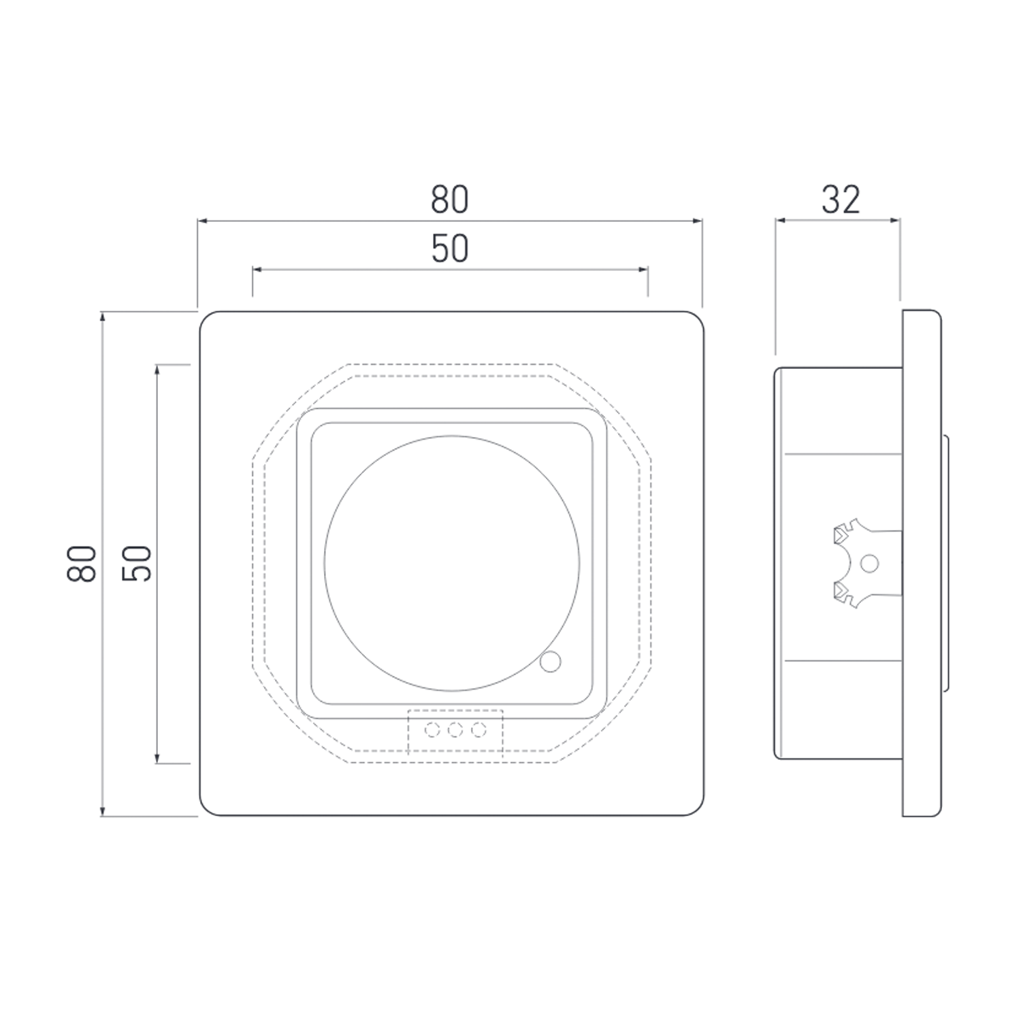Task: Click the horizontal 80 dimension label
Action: tap(449, 200)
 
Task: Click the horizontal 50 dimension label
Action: tap(450, 249)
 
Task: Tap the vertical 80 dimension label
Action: tap(82, 563)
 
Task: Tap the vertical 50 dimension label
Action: tap(136, 563)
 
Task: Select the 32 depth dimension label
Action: tap(841, 200)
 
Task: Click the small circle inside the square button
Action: tap(550, 661)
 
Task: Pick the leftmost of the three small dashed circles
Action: tap(432, 730)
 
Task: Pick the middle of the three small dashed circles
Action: tap(455, 730)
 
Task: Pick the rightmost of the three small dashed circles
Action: tap(479, 730)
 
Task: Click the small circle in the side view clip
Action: tap(870, 564)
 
